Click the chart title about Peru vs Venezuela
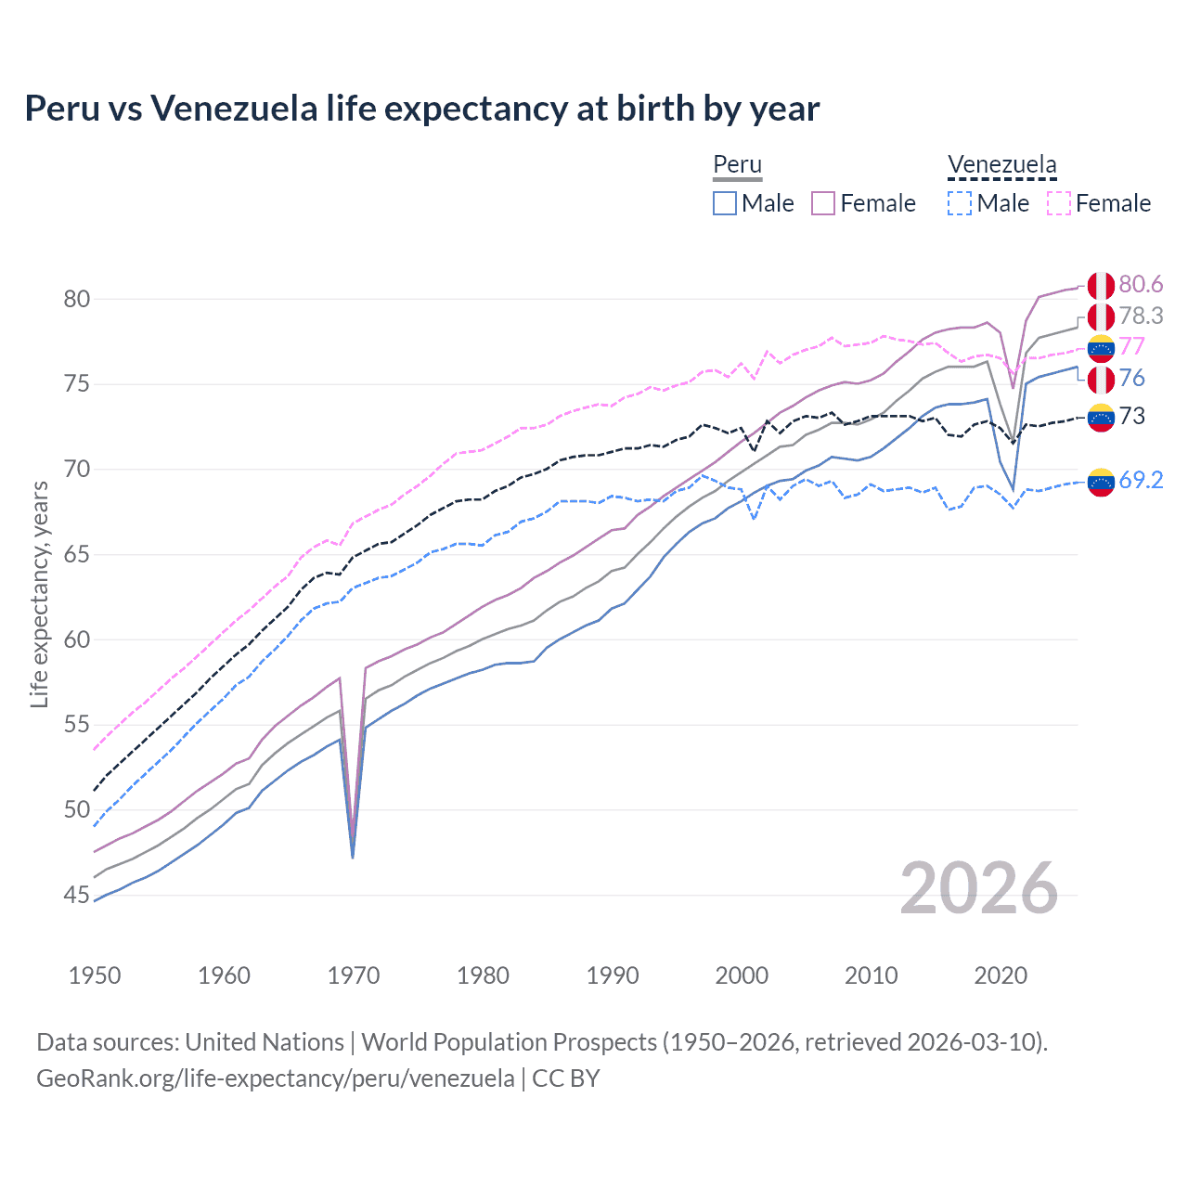click(422, 109)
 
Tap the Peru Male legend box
click(725, 203)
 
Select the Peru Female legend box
click(823, 203)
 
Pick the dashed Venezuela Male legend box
click(960, 203)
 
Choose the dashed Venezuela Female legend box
click(1059, 203)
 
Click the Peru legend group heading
click(737, 165)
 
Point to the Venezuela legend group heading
click(1001, 165)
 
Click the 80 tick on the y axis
click(77, 299)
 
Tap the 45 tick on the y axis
click(77, 896)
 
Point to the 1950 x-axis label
click(95, 975)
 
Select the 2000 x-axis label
click(742, 975)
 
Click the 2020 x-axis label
click(1001, 975)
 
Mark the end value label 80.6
click(1141, 284)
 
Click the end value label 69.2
click(1141, 480)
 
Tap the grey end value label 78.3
click(1141, 316)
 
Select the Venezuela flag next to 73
click(1101, 418)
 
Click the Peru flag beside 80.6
click(1101, 286)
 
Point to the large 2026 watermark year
click(979, 889)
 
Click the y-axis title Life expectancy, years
click(39, 594)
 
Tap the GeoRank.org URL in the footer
click(275, 1078)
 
